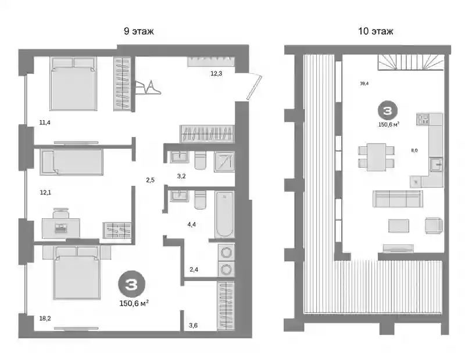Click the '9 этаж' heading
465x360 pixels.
point(139,31)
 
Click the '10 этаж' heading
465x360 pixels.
point(375,31)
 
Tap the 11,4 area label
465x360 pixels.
point(45,123)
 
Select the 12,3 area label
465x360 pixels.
point(216,74)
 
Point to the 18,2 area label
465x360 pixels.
point(45,319)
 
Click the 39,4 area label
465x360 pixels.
point(364,84)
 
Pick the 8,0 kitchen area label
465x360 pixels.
point(414,150)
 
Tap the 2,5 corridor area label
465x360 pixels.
point(151,180)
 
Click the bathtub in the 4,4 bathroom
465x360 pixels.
point(224,214)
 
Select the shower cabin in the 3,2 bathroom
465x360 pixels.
point(224,162)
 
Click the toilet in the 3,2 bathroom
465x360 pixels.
point(200,160)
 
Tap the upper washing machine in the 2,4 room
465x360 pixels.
point(226,253)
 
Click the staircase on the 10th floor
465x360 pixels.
point(411,62)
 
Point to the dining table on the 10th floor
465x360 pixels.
point(376,157)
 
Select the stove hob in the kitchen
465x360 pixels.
point(423,120)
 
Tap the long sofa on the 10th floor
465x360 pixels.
point(398,199)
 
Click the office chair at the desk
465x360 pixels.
point(61,213)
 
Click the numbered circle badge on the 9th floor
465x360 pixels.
point(132,284)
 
